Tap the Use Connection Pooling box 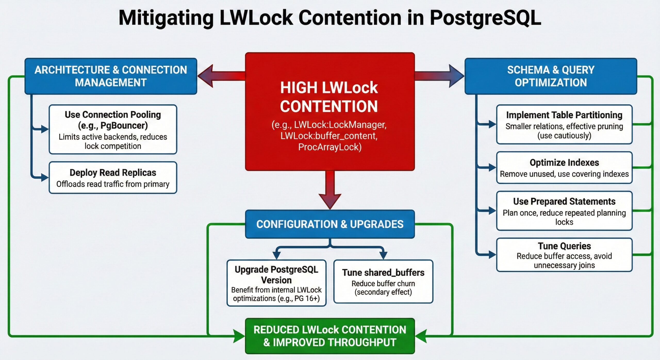point(113,129)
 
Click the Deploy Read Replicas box point(113,178)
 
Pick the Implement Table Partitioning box point(564,125)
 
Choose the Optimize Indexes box point(564,168)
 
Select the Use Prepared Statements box point(564,211)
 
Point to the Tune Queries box point(564,255)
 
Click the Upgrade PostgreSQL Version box point(276,283)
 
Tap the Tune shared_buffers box point(383,282)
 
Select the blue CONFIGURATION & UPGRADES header point(329,224)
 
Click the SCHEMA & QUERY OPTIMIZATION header point(551,76)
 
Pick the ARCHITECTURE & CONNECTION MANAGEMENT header point(111,76)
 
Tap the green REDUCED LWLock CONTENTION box point(329,336)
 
